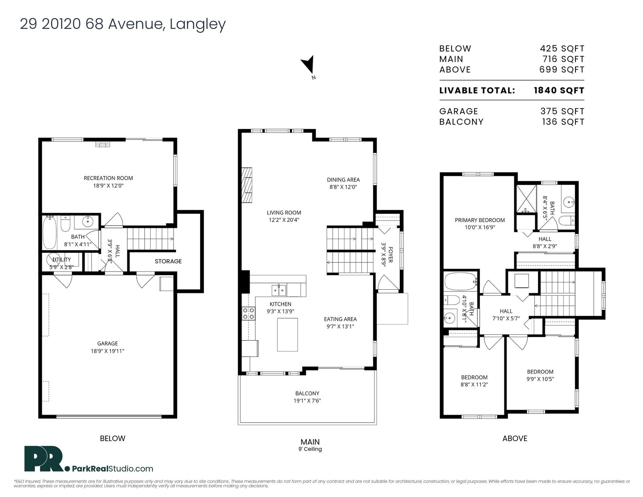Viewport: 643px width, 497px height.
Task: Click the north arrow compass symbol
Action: [x=308, y=65]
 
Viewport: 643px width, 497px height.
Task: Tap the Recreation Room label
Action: [x=108, y=178]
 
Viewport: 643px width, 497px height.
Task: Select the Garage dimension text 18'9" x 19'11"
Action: [x=107, y=351]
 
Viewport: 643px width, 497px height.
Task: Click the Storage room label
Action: [x=168, y=261]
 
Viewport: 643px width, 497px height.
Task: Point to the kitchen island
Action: [x=287, y=335]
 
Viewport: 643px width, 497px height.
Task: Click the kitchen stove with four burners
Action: [x=248, y=313]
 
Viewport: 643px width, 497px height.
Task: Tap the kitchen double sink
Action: [x=279, y=290]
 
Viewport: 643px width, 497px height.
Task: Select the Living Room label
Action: [x=284, y=213]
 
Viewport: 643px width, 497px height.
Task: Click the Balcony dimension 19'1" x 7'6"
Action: [x=307, y=401]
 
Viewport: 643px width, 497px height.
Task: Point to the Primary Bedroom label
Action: [x=480, y=220]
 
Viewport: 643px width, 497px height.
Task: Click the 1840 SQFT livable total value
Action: [x=559, y=90]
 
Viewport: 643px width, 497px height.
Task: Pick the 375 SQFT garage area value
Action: [x=562, y=111]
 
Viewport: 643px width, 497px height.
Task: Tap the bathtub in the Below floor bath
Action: [x=50, y=232]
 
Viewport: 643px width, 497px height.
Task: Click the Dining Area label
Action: [x=343, y=180]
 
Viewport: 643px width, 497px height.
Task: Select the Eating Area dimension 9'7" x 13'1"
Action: [x=340, y=326]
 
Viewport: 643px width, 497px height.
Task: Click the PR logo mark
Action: [x=44, y=458]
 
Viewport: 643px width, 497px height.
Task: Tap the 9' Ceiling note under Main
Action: [x=310, y=449]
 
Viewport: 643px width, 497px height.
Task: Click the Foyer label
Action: [x=390, y=255]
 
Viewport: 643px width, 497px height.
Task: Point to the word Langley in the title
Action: [x=197, y=24]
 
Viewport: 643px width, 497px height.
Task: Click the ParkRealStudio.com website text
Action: [x=113, y=469]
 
